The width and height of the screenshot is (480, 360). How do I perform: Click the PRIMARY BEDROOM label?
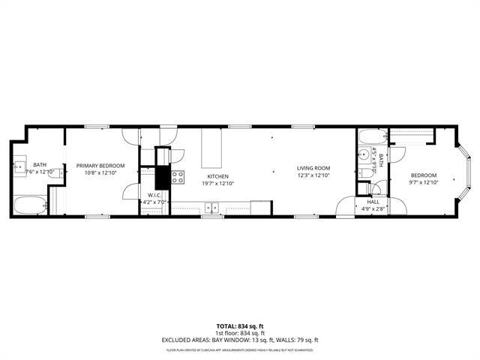[100, 166]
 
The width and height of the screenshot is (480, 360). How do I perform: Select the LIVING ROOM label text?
[313, 168]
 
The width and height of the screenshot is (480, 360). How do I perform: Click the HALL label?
[373, 201]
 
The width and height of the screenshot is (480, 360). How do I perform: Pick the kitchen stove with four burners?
[178, 178]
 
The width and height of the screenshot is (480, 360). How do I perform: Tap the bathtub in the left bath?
[29, 205]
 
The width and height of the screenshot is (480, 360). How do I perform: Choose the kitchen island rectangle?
[212, 148]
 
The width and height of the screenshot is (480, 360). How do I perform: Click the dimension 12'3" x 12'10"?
[313, 175]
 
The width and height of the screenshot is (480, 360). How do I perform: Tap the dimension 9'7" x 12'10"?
[422, 182]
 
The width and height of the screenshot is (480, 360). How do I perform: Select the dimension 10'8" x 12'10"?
[100, 173]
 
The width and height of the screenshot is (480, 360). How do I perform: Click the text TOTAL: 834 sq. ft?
[239, 326]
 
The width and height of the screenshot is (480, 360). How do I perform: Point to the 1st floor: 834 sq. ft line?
[239, 332]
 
